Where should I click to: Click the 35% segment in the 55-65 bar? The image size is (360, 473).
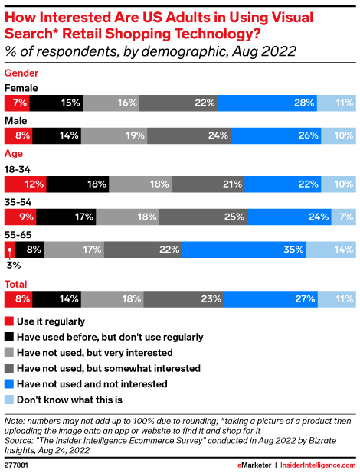244,249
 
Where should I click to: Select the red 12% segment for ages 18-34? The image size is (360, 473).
25,184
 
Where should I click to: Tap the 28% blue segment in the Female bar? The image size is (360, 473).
267,102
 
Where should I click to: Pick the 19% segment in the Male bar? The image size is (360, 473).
114,136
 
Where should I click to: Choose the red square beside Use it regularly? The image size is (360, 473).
8,321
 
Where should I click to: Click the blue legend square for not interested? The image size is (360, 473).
8,383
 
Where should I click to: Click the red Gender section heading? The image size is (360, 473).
21,72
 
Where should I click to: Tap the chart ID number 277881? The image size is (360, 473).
16,465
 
